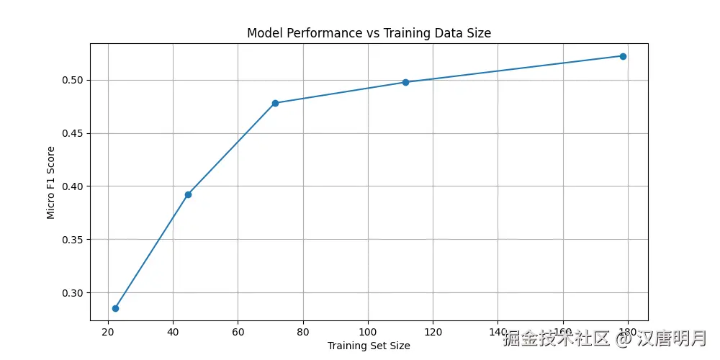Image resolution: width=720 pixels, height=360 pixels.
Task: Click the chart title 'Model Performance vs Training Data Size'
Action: click(x=369, y=33)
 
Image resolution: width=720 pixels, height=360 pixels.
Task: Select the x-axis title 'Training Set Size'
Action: click(x=369, y=346)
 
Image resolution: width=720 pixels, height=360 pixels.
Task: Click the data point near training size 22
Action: click(x=115, y=308)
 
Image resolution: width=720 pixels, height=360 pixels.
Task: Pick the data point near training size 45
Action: click(x=188, y=194)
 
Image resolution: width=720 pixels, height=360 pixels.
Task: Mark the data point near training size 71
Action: click(x=275, y=103)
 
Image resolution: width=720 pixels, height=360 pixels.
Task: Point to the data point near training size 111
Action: click(x=405, y=82)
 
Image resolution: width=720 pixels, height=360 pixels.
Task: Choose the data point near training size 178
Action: click(x=623, y=56)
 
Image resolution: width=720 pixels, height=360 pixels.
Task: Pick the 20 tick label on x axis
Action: click(x=108, y=332)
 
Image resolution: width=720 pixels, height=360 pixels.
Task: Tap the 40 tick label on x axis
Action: click(x=173, y=332)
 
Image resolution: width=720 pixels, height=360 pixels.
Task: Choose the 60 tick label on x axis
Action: click(x=238, y=332)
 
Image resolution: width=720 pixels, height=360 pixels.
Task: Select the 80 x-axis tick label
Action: click(x=303, y=332)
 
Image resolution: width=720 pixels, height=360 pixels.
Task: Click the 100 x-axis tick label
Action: click(x=368, y=332)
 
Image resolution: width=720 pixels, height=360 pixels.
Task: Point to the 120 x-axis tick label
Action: click(x=433, y=332)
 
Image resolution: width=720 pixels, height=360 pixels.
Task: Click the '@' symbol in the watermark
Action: click(x=624, y=338)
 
